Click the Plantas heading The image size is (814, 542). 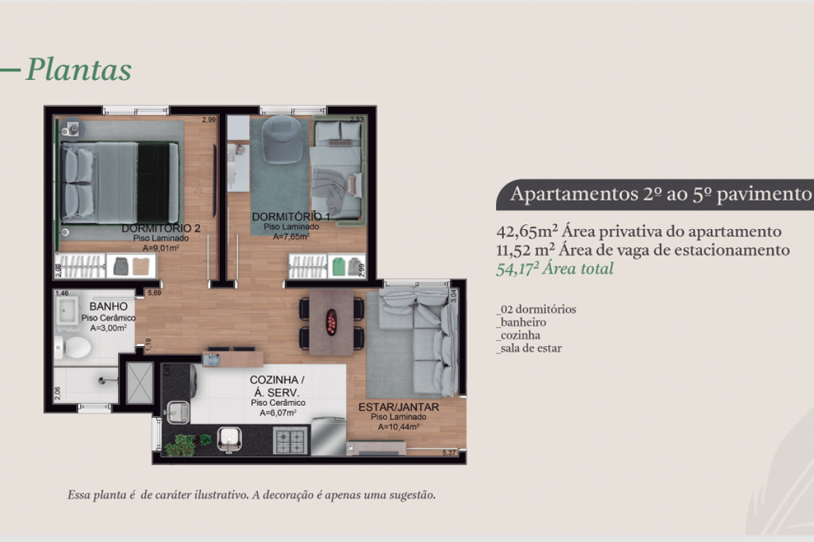coord(78,70)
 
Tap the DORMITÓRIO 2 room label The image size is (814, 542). coord(161,228)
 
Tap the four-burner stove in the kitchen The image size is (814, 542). coord(290,440)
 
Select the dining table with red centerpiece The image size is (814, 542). coord(331,322)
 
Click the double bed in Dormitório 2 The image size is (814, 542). coord(120,182)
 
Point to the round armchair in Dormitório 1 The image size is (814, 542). coord(282,139)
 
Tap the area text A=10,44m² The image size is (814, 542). coord(396,426)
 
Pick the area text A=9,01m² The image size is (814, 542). coord(161,248)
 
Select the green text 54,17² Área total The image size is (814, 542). coord(555,269)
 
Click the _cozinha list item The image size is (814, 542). coord(518,335)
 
